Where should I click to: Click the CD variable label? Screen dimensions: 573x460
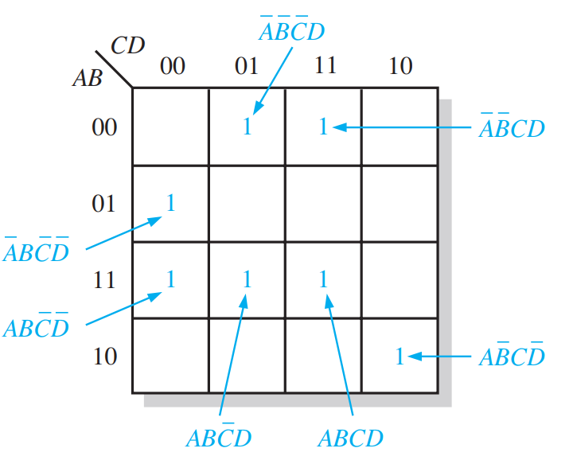pyautogui.click(x=127, y=45)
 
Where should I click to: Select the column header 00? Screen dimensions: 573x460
pyautogui.click(x=172, y=66)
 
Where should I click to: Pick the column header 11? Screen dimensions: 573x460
pyautogui.click(x=323, y=66)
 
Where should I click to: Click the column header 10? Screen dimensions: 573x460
pyautogui.click(x=400, y=66)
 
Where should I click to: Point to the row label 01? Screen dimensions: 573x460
pyautogui.click(x=104, y=205)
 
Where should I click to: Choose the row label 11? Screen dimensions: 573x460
pyautogui.click(x=104, y=280)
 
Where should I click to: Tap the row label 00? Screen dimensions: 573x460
pyautogui.click(x=104, y=127)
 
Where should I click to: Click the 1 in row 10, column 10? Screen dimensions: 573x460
pyautogui.click(x=400, y=357)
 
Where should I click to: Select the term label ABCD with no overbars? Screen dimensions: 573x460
pyautogui.click(x=350, y=438)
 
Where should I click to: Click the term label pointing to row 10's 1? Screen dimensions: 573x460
pyautogui.click(x=512, y=357)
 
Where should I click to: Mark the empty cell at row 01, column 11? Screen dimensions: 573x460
pyautogui.click(x=323, y=204)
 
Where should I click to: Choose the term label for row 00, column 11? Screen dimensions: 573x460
pyautogui.click(x=512, y=128)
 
